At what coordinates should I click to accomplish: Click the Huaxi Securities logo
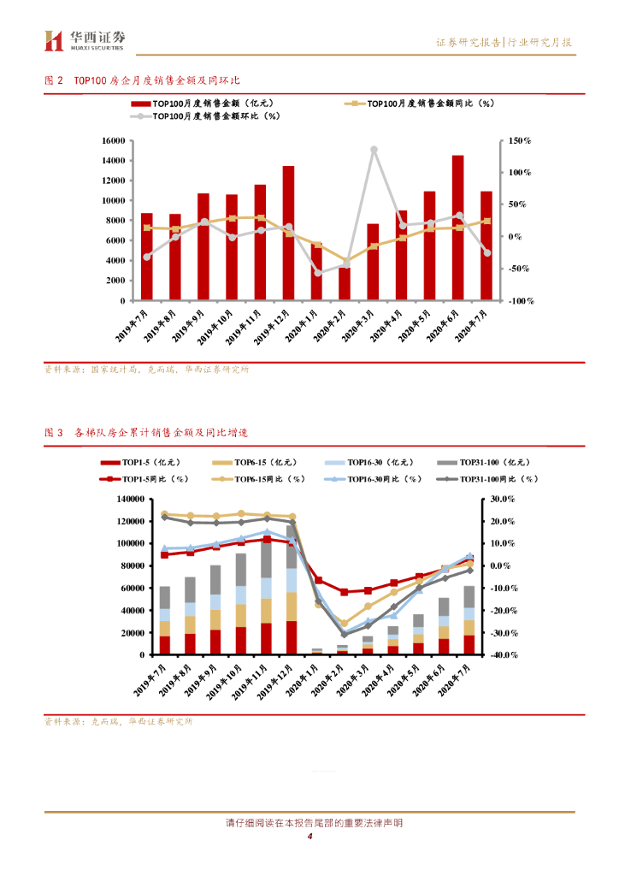pyautogui.click(x=85, y=39)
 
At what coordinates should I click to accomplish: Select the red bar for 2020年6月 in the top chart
pyautogui.click(x=458, y=228)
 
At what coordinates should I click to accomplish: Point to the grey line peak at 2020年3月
pyautogui.click(x=374, y=150)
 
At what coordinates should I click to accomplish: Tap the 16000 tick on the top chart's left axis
pyautogui.click(x=113, y=140)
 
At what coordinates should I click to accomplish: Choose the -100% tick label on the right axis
pyautogui.click(x=517, y=301)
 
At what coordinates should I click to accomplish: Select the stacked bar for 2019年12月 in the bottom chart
pyautogui.click(x=292, y=590)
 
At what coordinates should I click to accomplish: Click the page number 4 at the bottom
pyautogui.click(x=309, y=837)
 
